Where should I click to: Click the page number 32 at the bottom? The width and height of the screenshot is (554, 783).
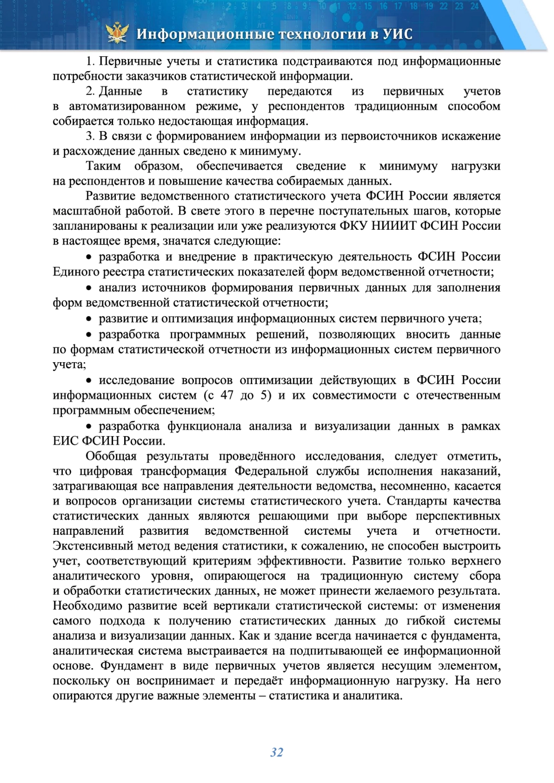point(277,753)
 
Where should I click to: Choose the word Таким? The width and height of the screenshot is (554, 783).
point(103,166)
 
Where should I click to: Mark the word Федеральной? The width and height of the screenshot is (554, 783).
point(271,471)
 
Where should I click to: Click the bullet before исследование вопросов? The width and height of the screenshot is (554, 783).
point(90,381)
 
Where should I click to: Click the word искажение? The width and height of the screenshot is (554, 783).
point(471,136)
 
